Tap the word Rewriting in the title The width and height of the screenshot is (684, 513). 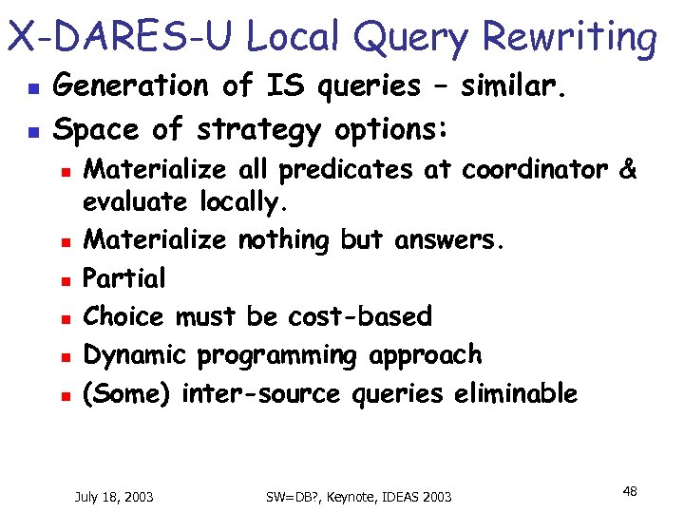coord(569,38)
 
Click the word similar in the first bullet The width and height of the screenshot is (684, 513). coord(513,86)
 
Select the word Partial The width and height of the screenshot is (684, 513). coord(124,278)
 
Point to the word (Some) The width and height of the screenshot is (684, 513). coord(127,393)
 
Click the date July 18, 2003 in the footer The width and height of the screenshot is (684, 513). coord(115,496)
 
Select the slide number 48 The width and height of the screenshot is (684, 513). coord(629,491)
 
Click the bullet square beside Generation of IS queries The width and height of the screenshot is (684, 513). coord(30,87)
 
